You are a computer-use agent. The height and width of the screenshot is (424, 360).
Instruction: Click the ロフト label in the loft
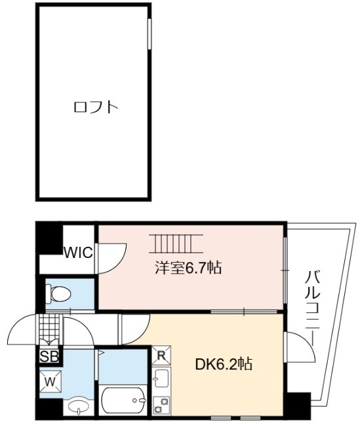[x=96, y=107]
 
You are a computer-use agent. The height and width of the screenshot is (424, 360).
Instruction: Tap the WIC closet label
[x=79, y=253]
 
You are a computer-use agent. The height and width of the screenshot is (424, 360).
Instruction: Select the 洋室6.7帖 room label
[x=188, y=268]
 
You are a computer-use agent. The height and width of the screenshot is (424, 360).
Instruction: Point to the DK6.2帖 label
[x=224, y=364]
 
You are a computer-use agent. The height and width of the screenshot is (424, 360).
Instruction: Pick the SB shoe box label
[x=49, y=356]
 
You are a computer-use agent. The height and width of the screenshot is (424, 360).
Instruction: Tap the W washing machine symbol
[x=50, y=381]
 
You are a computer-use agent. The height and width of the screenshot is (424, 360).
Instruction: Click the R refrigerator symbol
[x=161, y=355]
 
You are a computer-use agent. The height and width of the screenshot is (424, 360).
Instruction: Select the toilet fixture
[x=58, y=293]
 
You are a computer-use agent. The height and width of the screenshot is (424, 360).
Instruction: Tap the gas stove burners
[x=161, y=405]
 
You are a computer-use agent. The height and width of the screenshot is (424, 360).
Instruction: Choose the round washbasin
[x=78, y=406]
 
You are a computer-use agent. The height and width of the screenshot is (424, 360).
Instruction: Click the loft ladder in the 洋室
[x=176, y=244]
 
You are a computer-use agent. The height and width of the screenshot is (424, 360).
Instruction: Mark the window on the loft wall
[x=149, y=33]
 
